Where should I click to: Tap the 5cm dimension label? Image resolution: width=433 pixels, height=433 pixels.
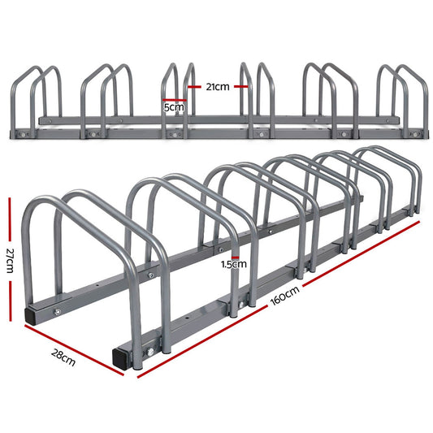click(x=174, y=106)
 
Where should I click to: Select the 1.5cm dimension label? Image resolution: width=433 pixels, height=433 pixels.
click(x=234, y=264)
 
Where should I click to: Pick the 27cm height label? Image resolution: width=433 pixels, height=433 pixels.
click(x=10, y=262)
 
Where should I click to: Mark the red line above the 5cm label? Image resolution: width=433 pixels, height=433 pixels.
click(x=174, y=99)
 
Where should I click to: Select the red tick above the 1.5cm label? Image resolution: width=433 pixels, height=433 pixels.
click(x=234, y=254)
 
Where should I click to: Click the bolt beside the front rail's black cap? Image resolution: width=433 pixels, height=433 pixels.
click(x=150, y=352)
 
